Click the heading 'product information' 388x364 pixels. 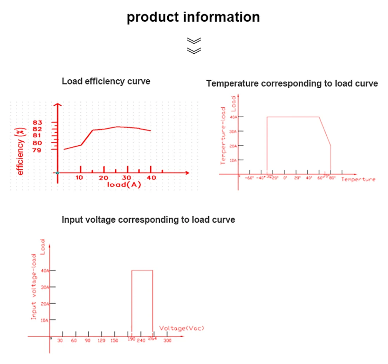193,17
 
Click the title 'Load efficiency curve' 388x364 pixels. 106,82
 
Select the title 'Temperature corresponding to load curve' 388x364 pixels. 292,84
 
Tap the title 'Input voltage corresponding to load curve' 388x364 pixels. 148,219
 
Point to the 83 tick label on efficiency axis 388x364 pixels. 43,123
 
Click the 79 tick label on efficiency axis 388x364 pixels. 43,150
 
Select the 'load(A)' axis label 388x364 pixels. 124,185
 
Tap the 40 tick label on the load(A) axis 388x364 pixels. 151,177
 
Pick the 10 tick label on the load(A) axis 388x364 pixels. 79,177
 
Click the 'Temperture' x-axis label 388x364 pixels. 358,179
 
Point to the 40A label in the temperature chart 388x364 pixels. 233,117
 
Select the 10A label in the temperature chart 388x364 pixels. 233,160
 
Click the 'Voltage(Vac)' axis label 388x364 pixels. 182,328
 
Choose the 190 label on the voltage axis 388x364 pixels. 131,340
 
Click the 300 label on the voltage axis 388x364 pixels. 167,340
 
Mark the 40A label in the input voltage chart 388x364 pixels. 44,270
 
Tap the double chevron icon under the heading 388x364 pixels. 194,45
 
